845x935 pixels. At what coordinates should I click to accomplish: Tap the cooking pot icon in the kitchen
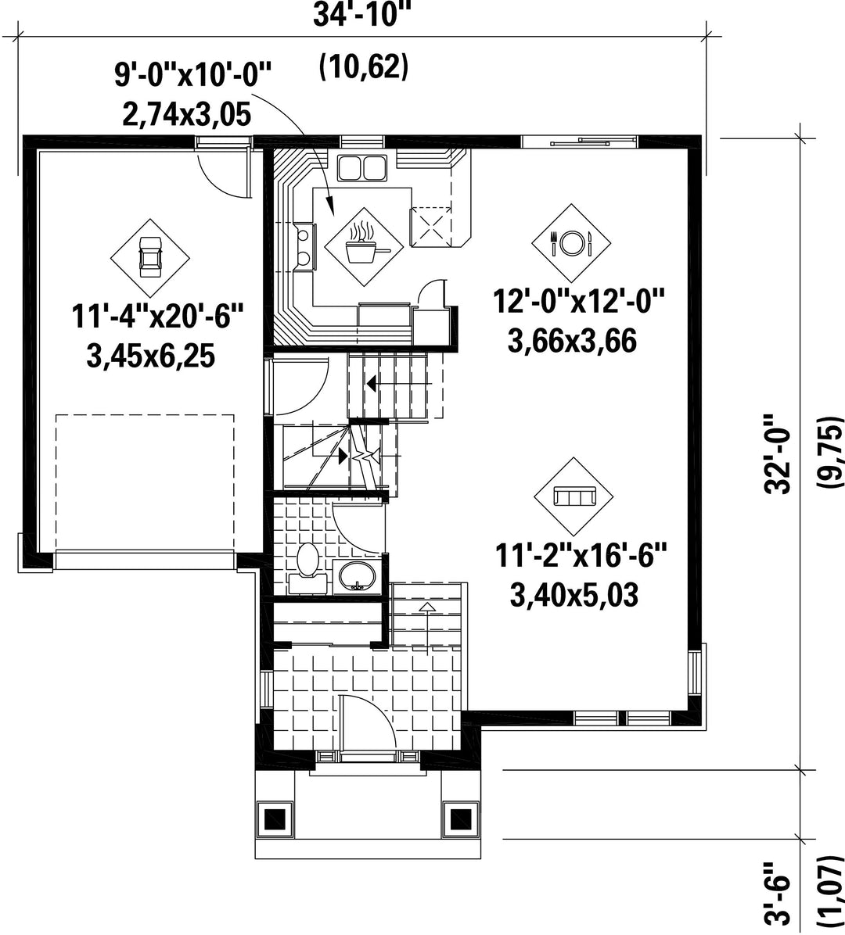click(363, 245)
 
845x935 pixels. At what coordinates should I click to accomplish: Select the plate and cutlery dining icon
click(572, 242)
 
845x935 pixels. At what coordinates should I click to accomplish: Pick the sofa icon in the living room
click(574, 496)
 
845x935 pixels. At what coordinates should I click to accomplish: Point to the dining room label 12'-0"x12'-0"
click(579, 301)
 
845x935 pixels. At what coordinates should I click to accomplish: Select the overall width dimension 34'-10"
click(363, 15)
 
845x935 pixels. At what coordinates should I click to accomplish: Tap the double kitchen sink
click(361, 167)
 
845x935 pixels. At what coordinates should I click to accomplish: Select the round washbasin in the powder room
click(358, 577)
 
